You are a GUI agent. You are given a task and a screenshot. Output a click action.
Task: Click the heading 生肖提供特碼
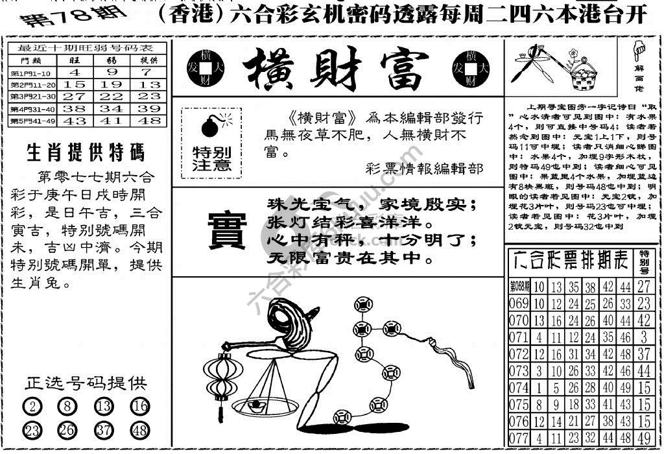pyautogui.click(x=86, y=153)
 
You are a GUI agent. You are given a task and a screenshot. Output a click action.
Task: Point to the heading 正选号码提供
pyautogui.click(x=86, y=383)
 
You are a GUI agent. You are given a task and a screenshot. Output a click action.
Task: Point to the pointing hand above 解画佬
pyautogui.click(x=639, y=49)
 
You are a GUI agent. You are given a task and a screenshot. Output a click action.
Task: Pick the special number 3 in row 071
pyautogui.click(x=643, y=337)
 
